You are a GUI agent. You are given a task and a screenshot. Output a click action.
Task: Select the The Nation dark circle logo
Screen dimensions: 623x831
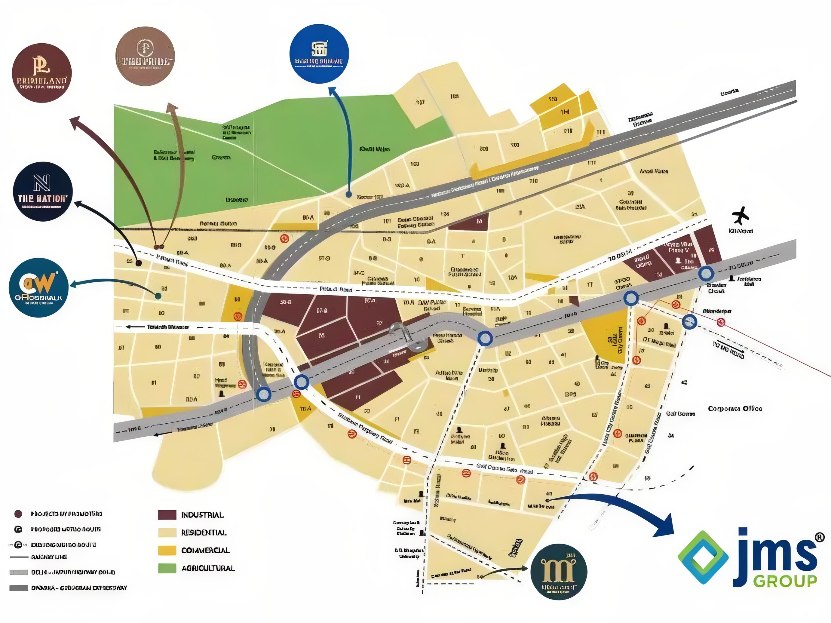(x=42, y=191)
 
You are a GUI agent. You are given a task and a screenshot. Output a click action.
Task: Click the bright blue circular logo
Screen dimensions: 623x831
(x=319, y=54)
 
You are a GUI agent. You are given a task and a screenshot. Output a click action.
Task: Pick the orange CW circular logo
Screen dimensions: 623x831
(x=39, y=287)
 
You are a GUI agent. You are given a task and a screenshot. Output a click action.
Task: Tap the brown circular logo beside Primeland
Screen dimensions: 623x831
(x=145, y=56)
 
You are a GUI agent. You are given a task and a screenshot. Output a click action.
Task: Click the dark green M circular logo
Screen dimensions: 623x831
(x=559, y=572)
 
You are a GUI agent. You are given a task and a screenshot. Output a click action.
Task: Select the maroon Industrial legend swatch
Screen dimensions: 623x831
(x=167, y=515)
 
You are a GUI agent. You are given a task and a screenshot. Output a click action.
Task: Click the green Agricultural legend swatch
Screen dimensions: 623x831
(x=167, y=568)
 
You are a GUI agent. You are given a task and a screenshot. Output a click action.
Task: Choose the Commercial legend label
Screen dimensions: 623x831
(x=205, y=551)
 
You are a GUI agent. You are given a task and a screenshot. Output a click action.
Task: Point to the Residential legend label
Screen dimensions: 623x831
(x=204, y=533)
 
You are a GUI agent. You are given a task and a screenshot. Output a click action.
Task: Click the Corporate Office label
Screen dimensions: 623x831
(x=734, y=408)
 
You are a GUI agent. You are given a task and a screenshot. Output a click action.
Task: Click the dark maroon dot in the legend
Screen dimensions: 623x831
(x=18, y=514)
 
